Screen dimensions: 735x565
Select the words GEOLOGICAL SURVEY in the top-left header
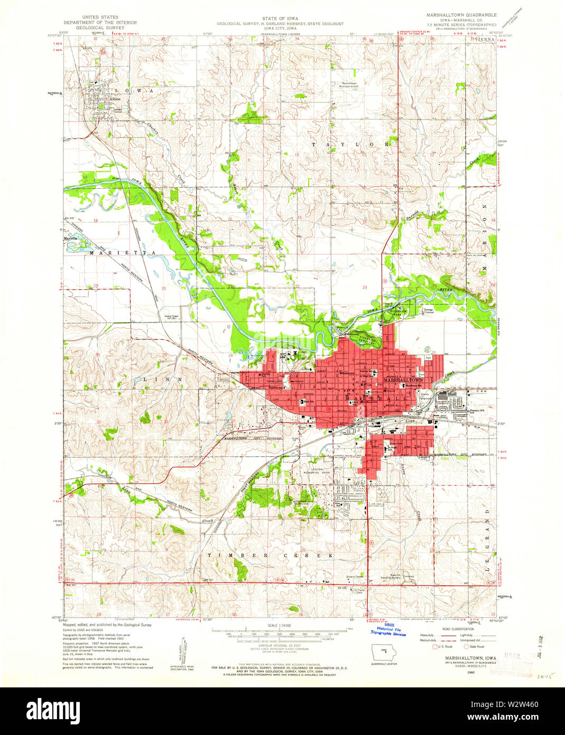[100, 27]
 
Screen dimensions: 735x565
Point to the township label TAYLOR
[351, 144]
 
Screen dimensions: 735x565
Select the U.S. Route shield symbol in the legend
[436, 646]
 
